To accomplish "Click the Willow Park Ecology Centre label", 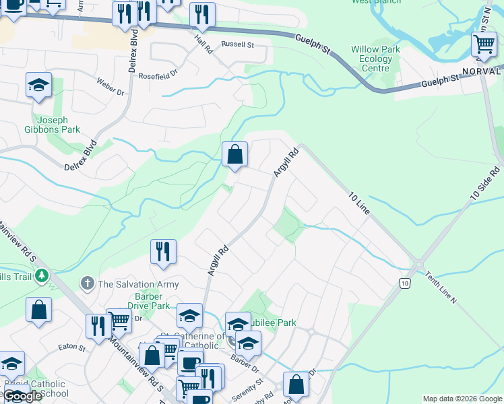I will click(x=375, y=59).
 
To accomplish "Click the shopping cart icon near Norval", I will click(x=484, y=46).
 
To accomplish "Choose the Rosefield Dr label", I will click(x=158, y=75).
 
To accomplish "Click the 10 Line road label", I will click(x=359, y=203).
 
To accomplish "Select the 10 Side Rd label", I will click(x=485, y=181).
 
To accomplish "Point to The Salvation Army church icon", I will click(x=87, y=283).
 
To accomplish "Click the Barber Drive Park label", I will click(x=152, y=301).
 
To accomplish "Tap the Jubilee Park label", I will click(x=276, y=323).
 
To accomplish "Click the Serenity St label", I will click(x=250, y=385).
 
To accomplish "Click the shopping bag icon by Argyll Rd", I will click(x=234, y=155).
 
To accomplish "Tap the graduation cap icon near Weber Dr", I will click(x=39, y=86).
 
